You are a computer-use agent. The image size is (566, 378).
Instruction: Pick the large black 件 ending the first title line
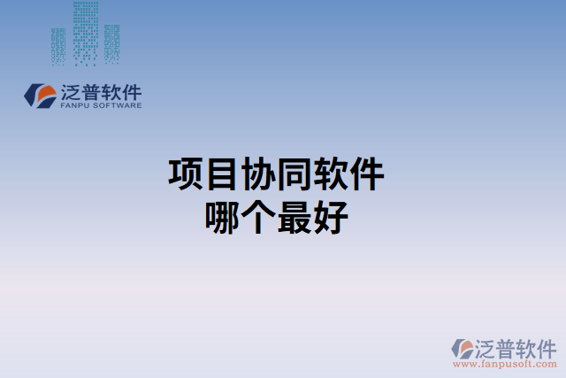click(366, 174)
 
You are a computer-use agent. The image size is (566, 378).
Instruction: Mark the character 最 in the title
click(294, 217)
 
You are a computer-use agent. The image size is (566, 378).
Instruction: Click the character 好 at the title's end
click(329, 217)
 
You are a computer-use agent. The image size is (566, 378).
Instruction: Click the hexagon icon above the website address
click(463, 349)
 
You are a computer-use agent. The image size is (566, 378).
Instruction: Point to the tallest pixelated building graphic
click(86, 31)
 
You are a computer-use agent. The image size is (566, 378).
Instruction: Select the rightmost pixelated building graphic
click(111, 43)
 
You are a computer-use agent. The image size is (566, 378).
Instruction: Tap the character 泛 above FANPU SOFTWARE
click(73, 90)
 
